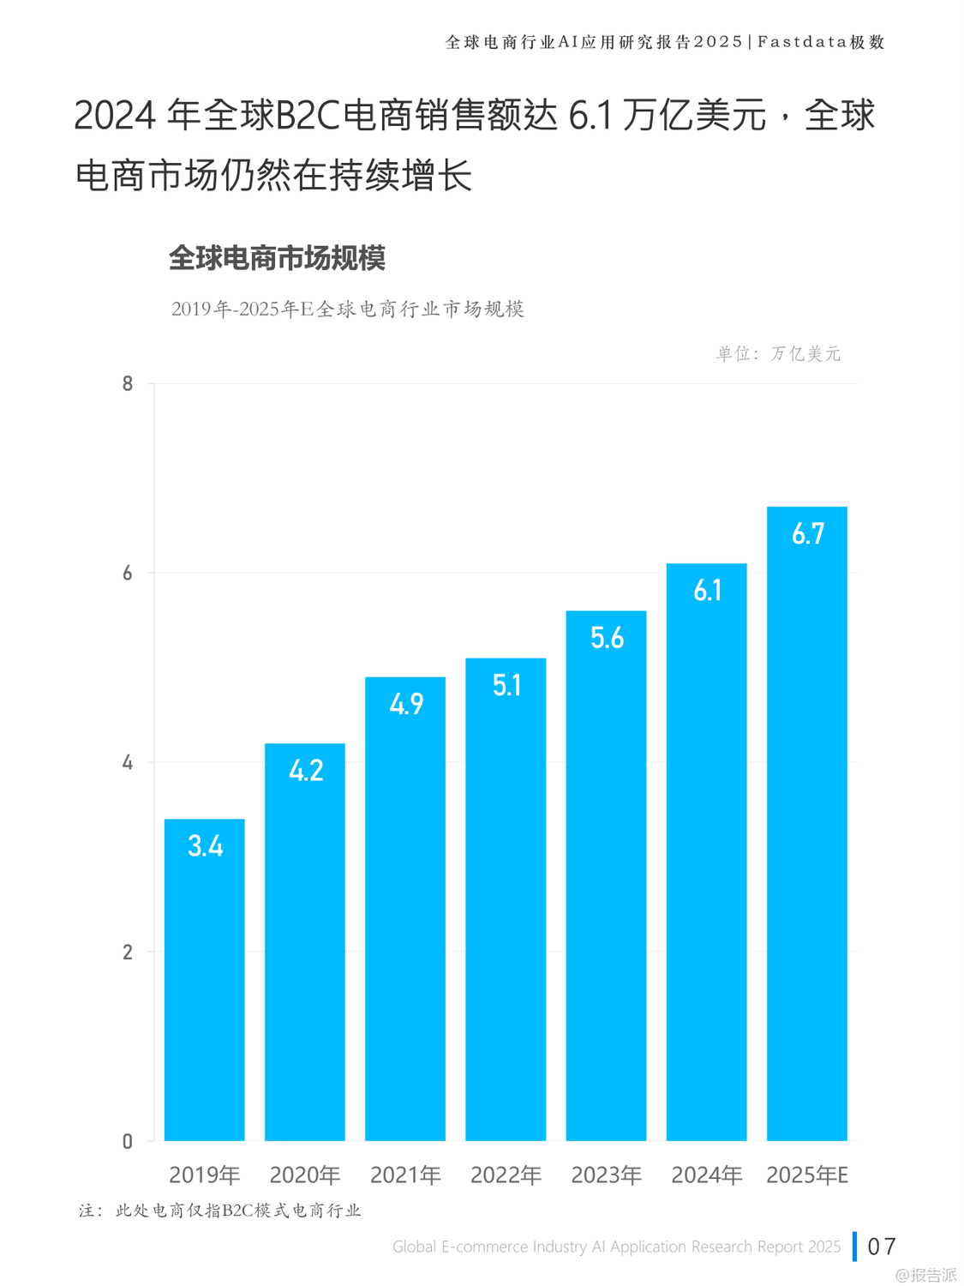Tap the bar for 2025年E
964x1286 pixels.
[806, 823]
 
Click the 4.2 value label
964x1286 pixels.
[306, 770]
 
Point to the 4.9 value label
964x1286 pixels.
[406, 704]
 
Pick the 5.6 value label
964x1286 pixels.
[607, 638]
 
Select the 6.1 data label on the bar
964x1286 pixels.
[707, 591]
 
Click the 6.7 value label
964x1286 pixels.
[807, 534]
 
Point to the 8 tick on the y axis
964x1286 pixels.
[128, 384]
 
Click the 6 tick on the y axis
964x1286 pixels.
[128, 573]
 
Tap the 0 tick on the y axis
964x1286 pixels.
[128, 1141]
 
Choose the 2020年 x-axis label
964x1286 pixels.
[305, 1175]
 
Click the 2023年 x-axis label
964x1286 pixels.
[607, 1175]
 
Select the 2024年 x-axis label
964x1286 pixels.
[707, 1175]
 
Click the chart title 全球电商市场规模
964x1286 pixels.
[277, 258]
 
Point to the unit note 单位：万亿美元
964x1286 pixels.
[778, 353]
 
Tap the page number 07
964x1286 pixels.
[882, 1247]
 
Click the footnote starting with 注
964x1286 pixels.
[220, 1211]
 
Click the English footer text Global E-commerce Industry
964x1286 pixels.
[616, 1247]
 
